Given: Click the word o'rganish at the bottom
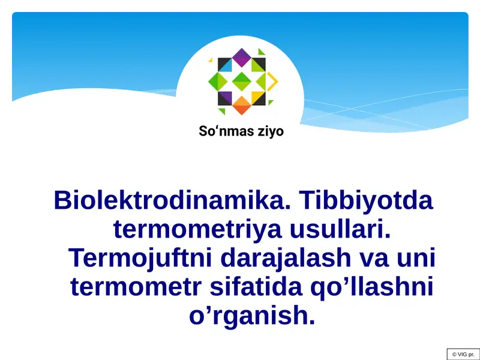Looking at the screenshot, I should tap(252, 316).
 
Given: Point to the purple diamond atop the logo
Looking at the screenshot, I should tap(241, 58).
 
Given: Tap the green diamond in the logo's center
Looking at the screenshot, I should tap(241, 81).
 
